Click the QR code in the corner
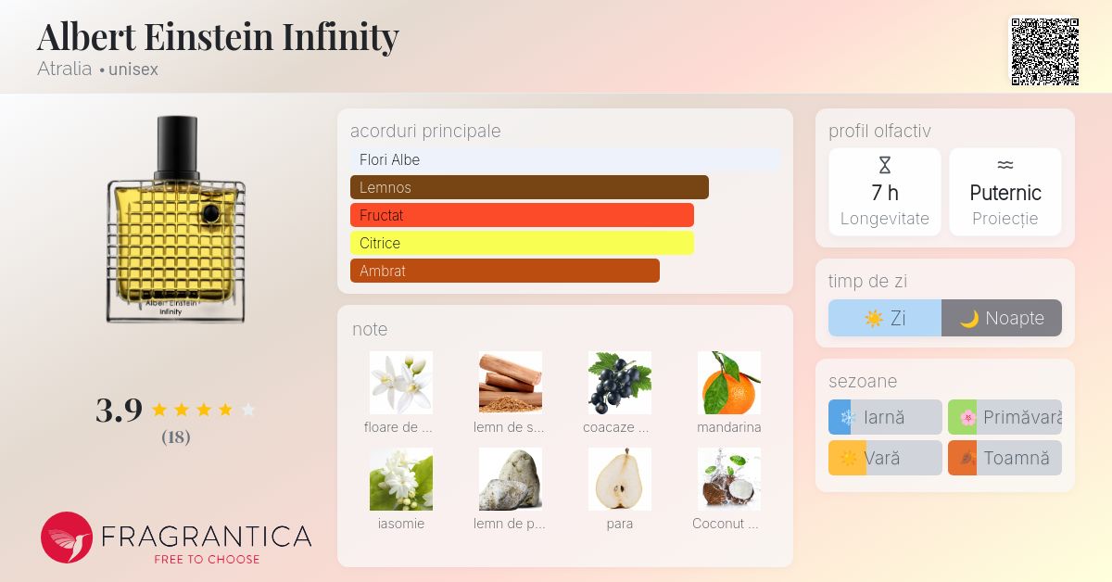click(x=1045, y=52)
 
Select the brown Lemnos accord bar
click(x=529, y=187)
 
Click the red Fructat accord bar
click(x=522, y=215)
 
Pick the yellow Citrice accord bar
click(x=522, y=243)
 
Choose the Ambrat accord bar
click(x=505, y=271)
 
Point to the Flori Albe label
click(x=389, y=160)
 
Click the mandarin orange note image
click(x=728, y=383)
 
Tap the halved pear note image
click(x=620, y=479)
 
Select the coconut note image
click(x=728, y=479)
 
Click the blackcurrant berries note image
click(x=620, y=383)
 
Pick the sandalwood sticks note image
click(x=511, y=383)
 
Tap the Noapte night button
click(x=1002, y=318)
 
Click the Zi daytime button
click(x=885, y=318)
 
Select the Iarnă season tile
click(x=885, y=417)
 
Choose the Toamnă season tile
click(x=1005, y=458)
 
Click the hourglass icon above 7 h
click(x=885, y=165)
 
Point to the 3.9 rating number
click(x=120, y=411)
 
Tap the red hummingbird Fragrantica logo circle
click(x=67, y=538)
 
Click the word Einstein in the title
click(x=208, y=37)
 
